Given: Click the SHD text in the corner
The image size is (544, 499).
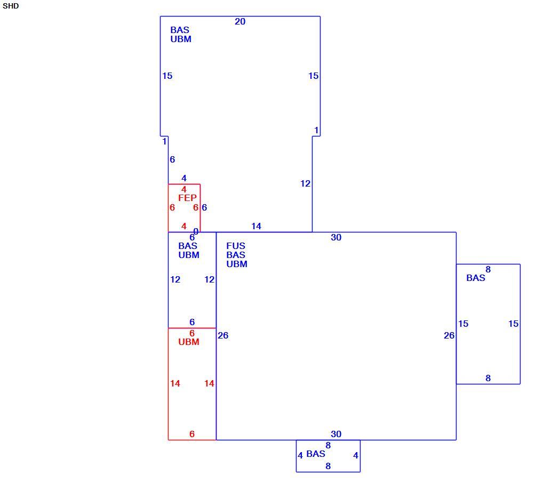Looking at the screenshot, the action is point(11,6).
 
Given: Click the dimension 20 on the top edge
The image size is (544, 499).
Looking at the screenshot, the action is point(240,21).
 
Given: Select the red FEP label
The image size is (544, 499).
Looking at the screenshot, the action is point(187,198).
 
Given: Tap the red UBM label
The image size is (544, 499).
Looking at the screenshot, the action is point(189,342).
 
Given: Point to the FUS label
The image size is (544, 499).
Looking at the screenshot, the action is point(236,246).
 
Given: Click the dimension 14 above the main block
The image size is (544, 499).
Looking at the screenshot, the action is point(256,226).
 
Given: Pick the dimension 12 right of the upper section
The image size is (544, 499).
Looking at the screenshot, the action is point(305,183).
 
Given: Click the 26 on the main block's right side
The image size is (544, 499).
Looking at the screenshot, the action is point(449,335).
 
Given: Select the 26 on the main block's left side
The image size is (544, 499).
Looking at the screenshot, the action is point(223,335).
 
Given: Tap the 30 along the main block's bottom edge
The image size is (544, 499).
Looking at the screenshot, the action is point(336,434).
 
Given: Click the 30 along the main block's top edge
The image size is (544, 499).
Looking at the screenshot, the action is point(336,237).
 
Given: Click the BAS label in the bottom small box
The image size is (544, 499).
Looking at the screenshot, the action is point(316,454).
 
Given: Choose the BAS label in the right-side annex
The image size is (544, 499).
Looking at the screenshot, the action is point(476,278).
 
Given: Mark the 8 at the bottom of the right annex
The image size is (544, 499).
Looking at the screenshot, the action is point(488,378).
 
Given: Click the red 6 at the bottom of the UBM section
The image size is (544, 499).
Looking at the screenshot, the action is point(192,434).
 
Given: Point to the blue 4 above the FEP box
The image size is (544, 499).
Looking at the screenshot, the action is point(184,178).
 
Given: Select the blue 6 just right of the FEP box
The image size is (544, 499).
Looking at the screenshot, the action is point(204,207).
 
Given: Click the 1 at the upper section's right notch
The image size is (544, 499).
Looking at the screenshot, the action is point(316,130).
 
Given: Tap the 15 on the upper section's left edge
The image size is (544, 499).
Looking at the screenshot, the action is point(167,76).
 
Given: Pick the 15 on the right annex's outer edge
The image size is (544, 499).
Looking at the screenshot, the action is point(514,324).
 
